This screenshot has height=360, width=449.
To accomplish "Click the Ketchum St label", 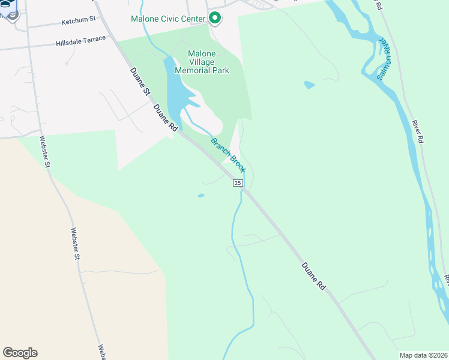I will [79, 20].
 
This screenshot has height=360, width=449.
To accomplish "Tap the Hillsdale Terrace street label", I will [80, 41].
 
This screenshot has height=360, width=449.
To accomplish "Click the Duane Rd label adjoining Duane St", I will [166, 119].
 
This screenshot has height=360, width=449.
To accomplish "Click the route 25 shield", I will [238, 183].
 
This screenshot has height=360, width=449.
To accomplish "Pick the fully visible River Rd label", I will [418, 131].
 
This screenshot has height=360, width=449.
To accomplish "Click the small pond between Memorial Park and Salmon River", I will [309, 85].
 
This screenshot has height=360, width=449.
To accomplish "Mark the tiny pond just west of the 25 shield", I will [200, 195].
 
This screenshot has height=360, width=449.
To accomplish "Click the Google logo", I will [20, 353].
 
